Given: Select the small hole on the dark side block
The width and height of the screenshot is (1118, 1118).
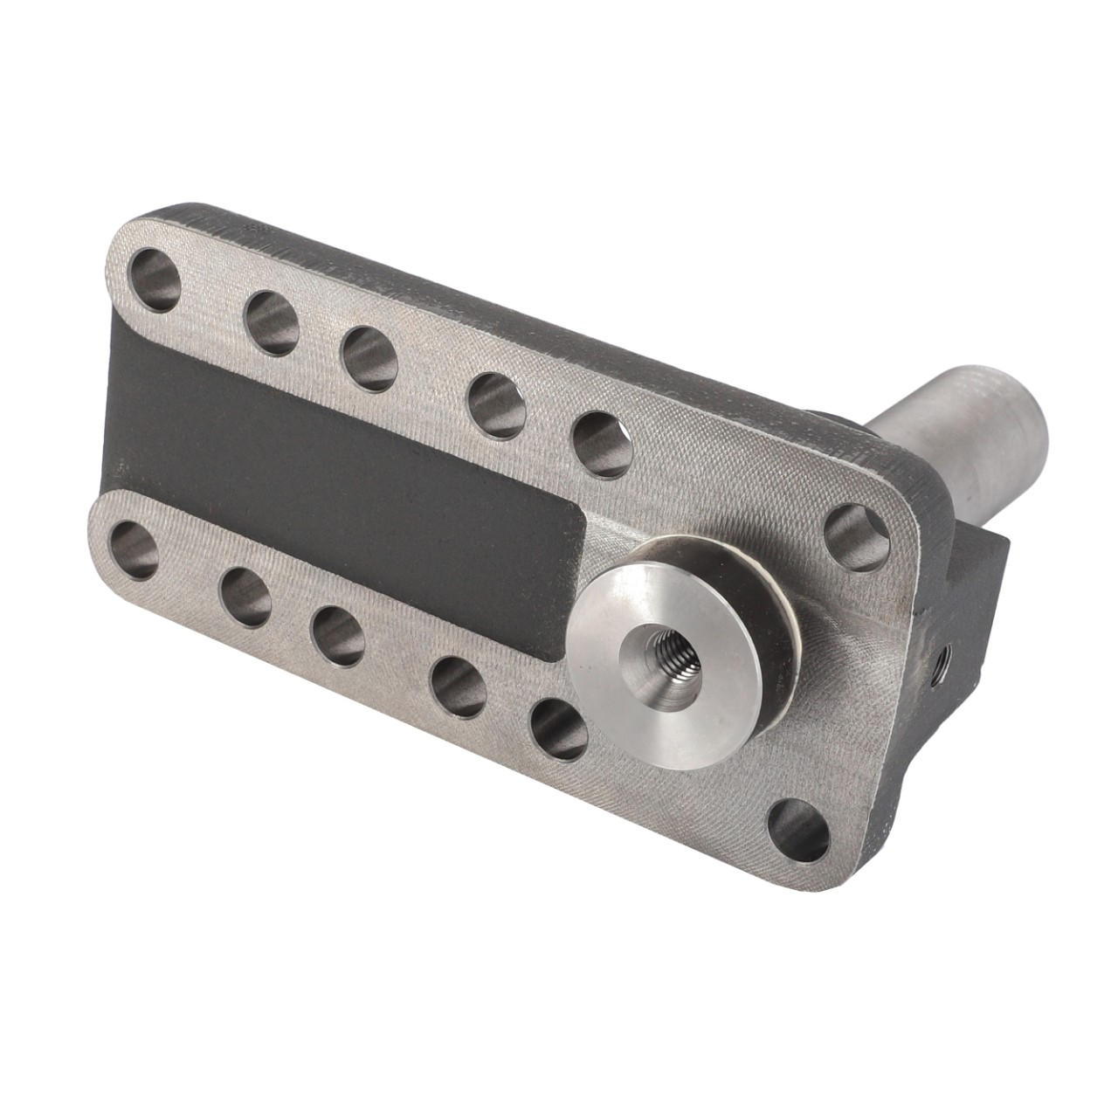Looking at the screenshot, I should click(942, 652).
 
